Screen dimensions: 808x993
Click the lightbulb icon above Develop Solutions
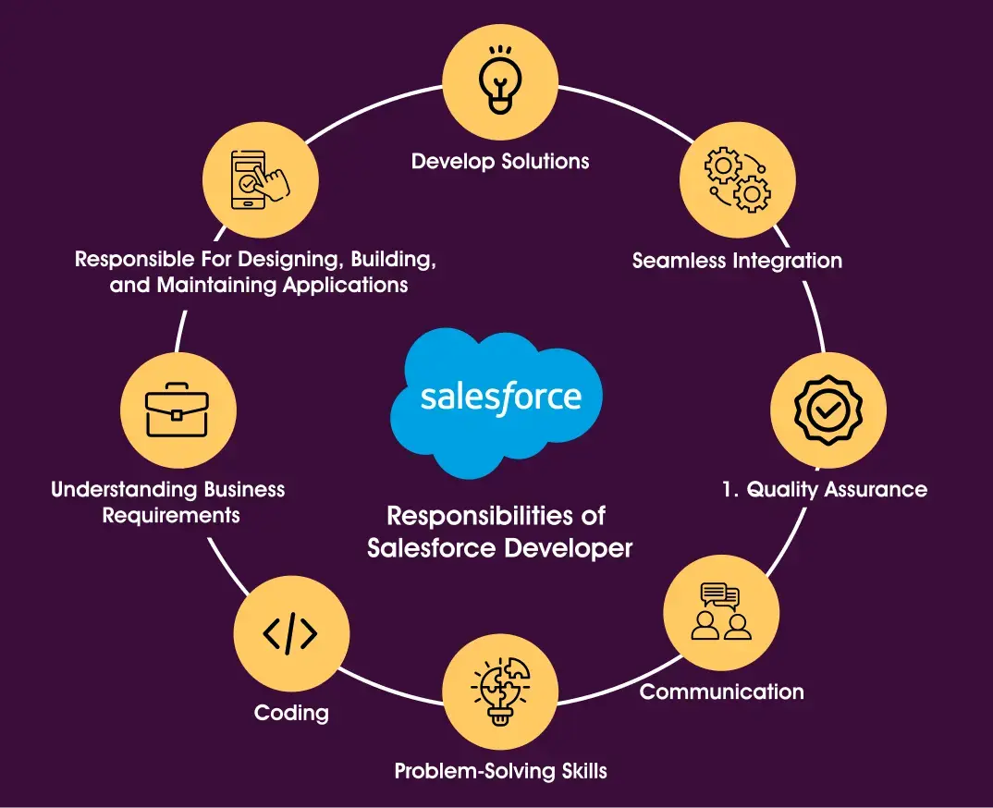pos(500,80)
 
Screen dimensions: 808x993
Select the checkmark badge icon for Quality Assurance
pos(827,410)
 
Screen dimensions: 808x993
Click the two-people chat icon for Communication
pos(721,612)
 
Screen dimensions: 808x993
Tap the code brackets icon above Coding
pos(291,633)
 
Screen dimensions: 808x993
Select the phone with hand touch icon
pos(260,180)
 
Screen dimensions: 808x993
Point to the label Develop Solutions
pos(500,161)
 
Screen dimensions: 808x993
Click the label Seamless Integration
pos(737,261)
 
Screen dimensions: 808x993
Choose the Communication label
pos(721,692)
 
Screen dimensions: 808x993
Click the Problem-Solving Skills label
pos(500,771)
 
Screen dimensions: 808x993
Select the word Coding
pos(291,713)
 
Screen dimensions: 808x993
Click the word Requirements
pos(171,515)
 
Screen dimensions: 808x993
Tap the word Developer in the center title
pos(569,547)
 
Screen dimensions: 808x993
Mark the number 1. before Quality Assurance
pos(729,489)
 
